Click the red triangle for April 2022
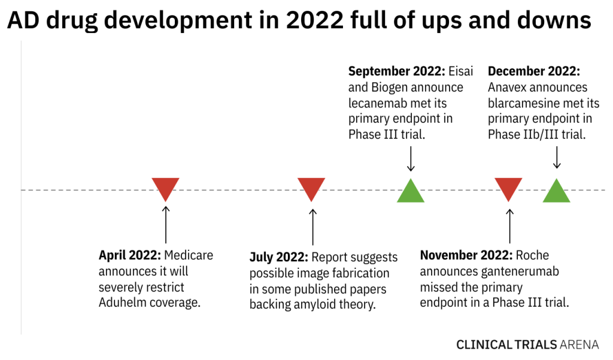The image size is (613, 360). [x=165, y=187]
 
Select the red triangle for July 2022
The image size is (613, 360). [x=311, y=187]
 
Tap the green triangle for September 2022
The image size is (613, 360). [x=411, y=192]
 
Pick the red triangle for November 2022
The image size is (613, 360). [x=509, y=187]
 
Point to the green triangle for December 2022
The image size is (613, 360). [x=556, y=192]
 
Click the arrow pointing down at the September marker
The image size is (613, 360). [x=411, y=160]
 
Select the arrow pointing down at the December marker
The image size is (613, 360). [x=556, y=158]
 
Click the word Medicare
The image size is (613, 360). [x=189, y=255]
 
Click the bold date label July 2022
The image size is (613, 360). [x=278, y=258]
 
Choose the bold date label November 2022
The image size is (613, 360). [x=465, y=255]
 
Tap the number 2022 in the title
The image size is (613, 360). [x=316, y=21]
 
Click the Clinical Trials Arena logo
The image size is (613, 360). [x=527, y=344]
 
